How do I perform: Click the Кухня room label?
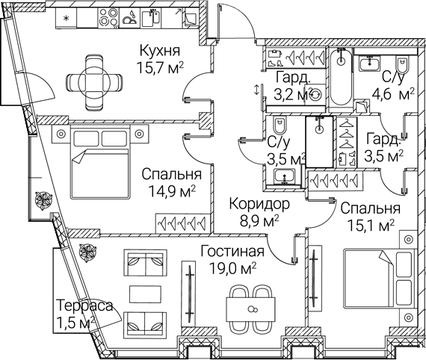(160, 51)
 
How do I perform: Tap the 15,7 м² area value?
(160, 68)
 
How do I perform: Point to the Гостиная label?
(232, 252)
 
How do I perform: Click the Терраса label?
(84, 305)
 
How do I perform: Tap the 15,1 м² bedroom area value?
(371, 226)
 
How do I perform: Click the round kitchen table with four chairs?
(94, 83)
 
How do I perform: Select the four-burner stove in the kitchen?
(108, 18)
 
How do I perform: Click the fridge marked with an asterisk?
(66, 18)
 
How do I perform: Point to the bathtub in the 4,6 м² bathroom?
(340, 77)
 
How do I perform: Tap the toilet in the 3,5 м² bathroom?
(279, 125)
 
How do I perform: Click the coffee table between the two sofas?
(143, 294)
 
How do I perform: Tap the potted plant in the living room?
(87, 251)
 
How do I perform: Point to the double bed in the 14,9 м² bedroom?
(99, 162)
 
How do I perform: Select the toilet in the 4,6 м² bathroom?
(403, 65)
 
